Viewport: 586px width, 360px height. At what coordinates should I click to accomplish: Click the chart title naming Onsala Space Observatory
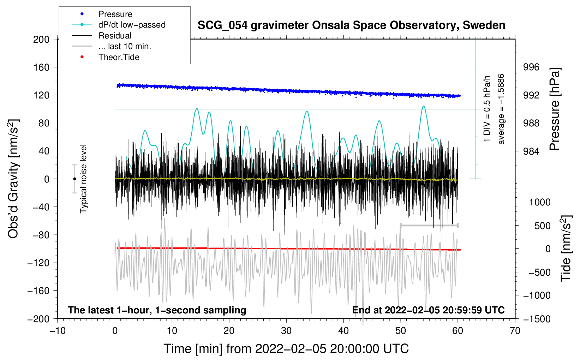(x=351, y=25)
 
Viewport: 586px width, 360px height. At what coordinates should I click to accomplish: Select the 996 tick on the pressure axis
(x=531, y=67)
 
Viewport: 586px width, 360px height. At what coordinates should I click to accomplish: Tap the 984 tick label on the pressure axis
(x=531, y=151)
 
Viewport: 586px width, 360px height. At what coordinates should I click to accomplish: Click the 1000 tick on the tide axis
(x=540, y=202)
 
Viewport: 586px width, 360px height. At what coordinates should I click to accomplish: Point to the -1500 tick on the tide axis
(x=537, y=319)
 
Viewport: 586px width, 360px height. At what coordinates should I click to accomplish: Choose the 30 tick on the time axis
(x=286, y=331)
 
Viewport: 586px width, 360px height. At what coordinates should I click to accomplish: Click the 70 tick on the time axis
(x=515, y=331)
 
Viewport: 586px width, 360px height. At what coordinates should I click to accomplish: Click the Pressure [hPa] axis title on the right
(x=555, y=109)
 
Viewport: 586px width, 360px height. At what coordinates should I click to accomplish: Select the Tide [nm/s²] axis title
(x=566, y=248)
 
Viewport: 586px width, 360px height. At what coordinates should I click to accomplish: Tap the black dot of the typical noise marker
(x=74, y=179)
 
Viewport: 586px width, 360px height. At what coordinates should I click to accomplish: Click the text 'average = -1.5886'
(x=501, y=109)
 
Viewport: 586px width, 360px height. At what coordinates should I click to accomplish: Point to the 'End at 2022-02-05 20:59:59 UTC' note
(x=428, y=310)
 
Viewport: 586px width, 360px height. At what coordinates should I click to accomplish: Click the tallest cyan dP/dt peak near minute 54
(x=423, y=106)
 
